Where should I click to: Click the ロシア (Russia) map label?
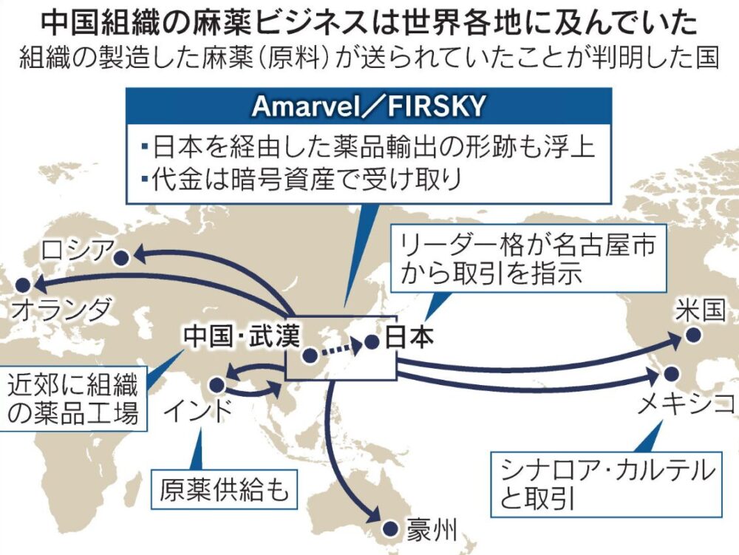pyautogui.click(x=77, y=251)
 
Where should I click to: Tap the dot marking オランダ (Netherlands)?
pyautogui.click(x=22, y=285)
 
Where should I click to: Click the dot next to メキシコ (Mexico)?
pyautogui.click(x=671, y=374)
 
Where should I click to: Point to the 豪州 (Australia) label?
pyautogui.click(x=432, y=530)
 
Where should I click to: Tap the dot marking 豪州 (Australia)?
pyautogui.click(x=389, y=529)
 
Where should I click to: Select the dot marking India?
pyautogui.click(x=217, y=385)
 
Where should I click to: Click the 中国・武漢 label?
pyautogui.click(x=242, y=336)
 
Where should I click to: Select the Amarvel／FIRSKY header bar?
pyautogui.click(x=369, y=106)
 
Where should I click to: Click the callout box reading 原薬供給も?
pyautogui.click(x=225, y=489)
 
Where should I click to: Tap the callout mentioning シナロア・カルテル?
pyautogui.click(x=607, y=484)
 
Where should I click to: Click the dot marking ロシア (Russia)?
pyautogui.click(x=122, y=258)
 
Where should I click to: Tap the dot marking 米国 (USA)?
pyautogui.click(x=693, y=336)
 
